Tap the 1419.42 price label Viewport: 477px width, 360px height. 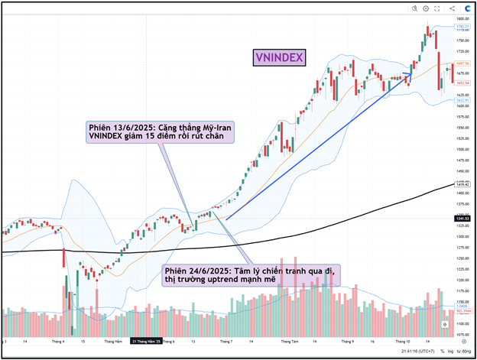click(461, 184)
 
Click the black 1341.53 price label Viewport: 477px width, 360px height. click(461, 219)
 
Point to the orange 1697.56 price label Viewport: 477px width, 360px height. click(461, 63)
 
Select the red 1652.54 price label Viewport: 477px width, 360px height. click(461, 82)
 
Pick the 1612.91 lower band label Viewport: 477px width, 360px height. click(461, 100)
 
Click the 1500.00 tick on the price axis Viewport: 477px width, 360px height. click(461, 149)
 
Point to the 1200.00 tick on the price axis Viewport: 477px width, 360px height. click(461, 281)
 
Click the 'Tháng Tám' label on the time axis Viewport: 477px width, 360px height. click(290, 341)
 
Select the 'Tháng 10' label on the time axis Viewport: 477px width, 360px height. click(404, 341)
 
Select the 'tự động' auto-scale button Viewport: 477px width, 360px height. click(465, 351)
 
